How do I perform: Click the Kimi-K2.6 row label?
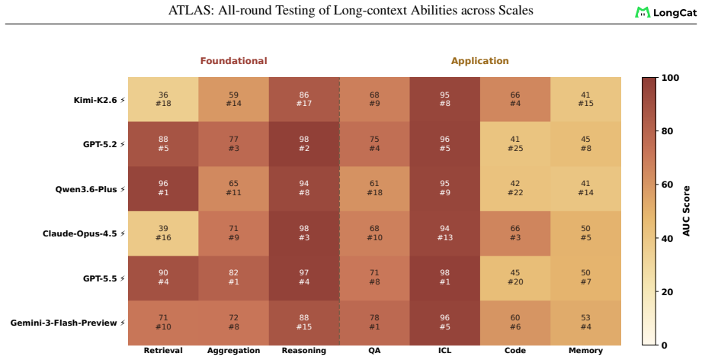(x=95, y=100)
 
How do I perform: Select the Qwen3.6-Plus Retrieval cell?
(x=163, y=188)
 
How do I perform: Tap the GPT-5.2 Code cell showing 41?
(x=515, y=144)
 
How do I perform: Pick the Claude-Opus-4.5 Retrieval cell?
(x=163, y=233)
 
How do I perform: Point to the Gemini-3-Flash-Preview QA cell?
(x=374, y=323)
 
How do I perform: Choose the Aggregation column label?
(x=234, y=351)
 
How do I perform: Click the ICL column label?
(x=444, y=351)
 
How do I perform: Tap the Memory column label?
(x=585, y=351)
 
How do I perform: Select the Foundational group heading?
(x=234, y=61)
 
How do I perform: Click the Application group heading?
(x=480, y=61)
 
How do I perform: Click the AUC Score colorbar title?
(x=687, y=211)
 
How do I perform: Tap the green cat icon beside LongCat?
(x=643, y=12)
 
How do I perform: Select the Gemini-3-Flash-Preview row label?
(x=63, y=323)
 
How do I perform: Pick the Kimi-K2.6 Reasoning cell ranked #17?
(x=304, y=99)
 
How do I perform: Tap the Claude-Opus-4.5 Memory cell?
(x=585, y=233)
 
